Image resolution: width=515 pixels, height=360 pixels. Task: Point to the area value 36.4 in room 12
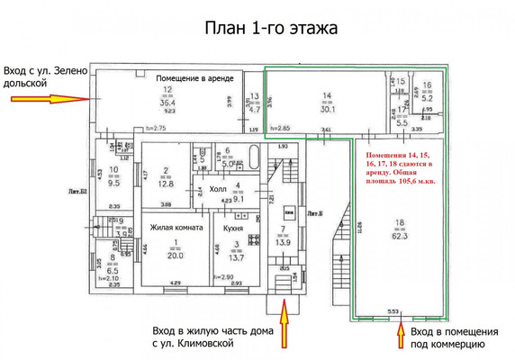tap(168, 103)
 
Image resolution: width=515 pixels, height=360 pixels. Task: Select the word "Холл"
tap(219, 189)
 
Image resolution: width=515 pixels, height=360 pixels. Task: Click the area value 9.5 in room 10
tap(114, 182)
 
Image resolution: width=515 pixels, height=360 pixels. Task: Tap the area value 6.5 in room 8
tap(112, 269)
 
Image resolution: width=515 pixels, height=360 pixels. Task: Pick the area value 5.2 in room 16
tap(429, 99)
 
